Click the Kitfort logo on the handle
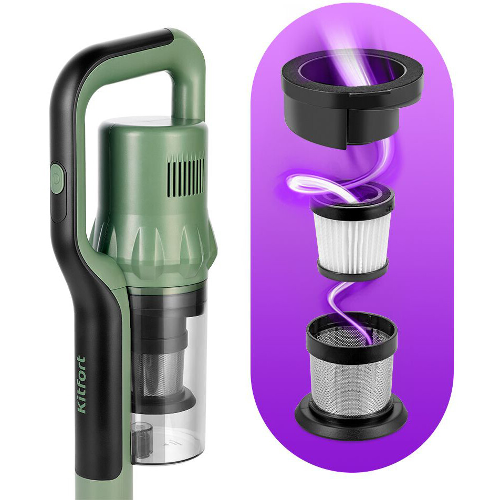point(82,384)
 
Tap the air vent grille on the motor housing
point(186,176)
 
